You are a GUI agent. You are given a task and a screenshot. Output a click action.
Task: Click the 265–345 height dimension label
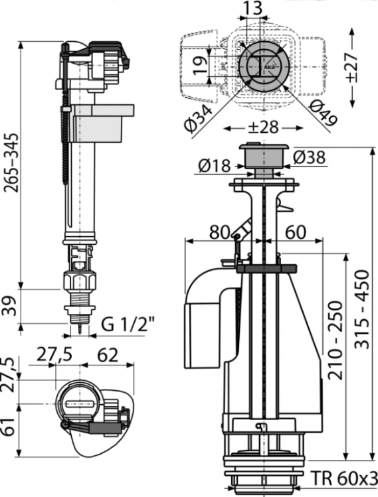11,163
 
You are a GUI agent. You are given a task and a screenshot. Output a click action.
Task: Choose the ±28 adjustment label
263,127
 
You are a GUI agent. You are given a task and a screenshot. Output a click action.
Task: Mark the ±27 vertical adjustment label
352,68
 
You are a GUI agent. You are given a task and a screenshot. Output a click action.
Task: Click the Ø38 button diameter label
309,157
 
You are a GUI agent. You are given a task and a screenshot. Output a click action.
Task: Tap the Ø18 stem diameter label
214,165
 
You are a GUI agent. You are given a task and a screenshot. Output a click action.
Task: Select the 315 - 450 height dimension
362,309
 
